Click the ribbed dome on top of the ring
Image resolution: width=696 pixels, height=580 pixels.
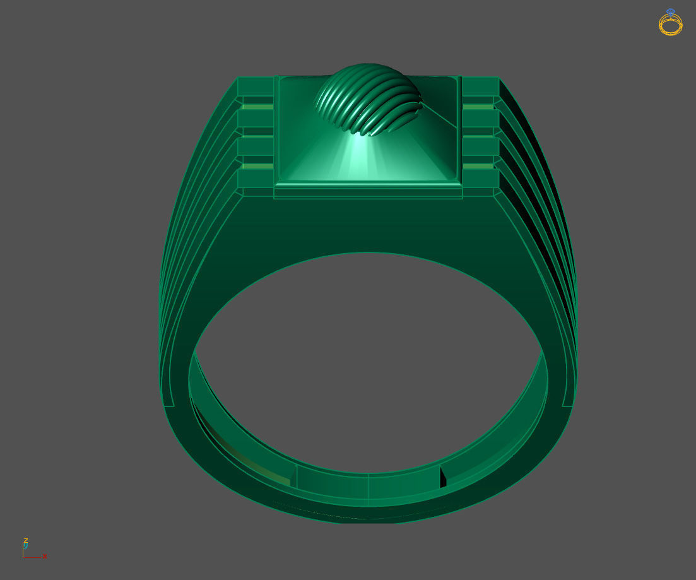pos(369,98)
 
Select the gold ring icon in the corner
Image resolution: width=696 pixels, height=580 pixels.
pos(670,25)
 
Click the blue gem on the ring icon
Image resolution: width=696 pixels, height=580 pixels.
pos(670,12)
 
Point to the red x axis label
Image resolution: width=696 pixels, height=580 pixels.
pos(45,556)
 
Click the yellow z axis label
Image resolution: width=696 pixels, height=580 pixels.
pos(25,540)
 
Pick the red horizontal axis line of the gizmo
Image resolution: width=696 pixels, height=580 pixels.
pos(33,557)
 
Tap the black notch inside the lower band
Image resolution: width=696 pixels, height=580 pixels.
pos(442,478)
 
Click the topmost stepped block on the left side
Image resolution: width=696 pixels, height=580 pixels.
pos(256,86)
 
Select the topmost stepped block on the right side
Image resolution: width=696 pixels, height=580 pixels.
pos(480,86)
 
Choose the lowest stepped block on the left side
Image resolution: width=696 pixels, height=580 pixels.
pos(256,179)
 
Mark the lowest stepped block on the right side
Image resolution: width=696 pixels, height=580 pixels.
pos(480,179)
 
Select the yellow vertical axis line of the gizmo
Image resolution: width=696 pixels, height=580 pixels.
pos(23,550)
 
